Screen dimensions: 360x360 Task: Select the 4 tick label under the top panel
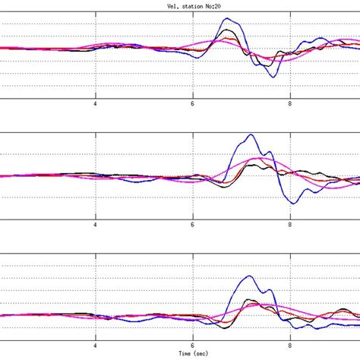tap(96, 105)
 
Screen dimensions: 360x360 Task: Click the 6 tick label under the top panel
tap(193, 105)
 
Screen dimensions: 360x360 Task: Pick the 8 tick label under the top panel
tap(291, 105)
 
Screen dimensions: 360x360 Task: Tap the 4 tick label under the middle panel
tap(96, 226)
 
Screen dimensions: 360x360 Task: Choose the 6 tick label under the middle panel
tap(193, 226)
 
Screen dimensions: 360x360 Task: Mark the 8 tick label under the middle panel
tap(291, 226)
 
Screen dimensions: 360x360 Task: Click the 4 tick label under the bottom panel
tap(96, 346)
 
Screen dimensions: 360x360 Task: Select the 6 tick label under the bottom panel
tap(193, 346)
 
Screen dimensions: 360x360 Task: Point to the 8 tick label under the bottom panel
tap(291, 346)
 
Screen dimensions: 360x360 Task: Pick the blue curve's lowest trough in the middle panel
tap(292, 203)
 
